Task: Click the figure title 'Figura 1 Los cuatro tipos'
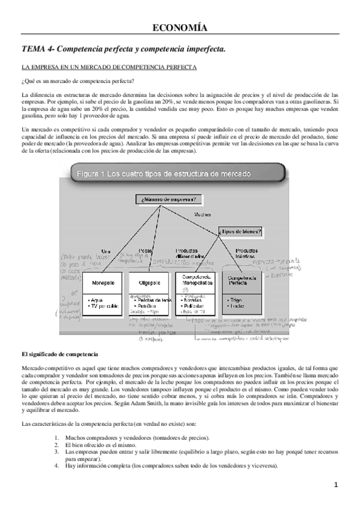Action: click(164, 174)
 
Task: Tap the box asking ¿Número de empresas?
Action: click(169, 199)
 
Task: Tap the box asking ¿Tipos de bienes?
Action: click(240, 230)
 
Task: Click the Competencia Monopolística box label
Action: click(194, 280)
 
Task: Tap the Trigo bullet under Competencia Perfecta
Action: click(236, 299)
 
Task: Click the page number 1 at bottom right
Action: click(337, 485)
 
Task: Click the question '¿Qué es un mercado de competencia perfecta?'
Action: click(78, 81)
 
